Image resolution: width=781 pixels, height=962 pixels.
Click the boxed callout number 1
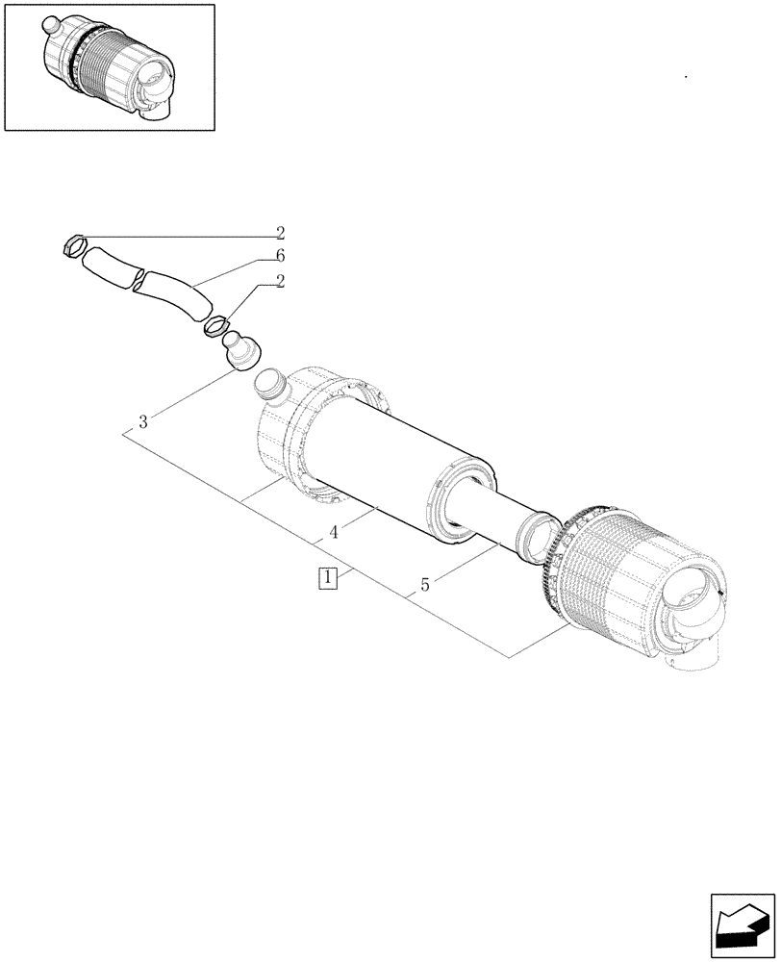pos(329,578)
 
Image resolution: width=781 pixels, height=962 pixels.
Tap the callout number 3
pos(142,421)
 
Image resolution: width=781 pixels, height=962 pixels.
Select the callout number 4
pos(332,532)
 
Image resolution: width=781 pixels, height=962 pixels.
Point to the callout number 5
pos(423,583)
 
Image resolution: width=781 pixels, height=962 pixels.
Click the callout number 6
pos(280,255)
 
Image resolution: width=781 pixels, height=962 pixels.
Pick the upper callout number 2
pos(280,232)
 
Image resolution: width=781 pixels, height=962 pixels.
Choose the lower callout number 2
pos(280,281)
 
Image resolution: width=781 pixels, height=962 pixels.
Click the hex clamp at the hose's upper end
pos(73,246)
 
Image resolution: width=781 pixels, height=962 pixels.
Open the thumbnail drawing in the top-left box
pos(109,66)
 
